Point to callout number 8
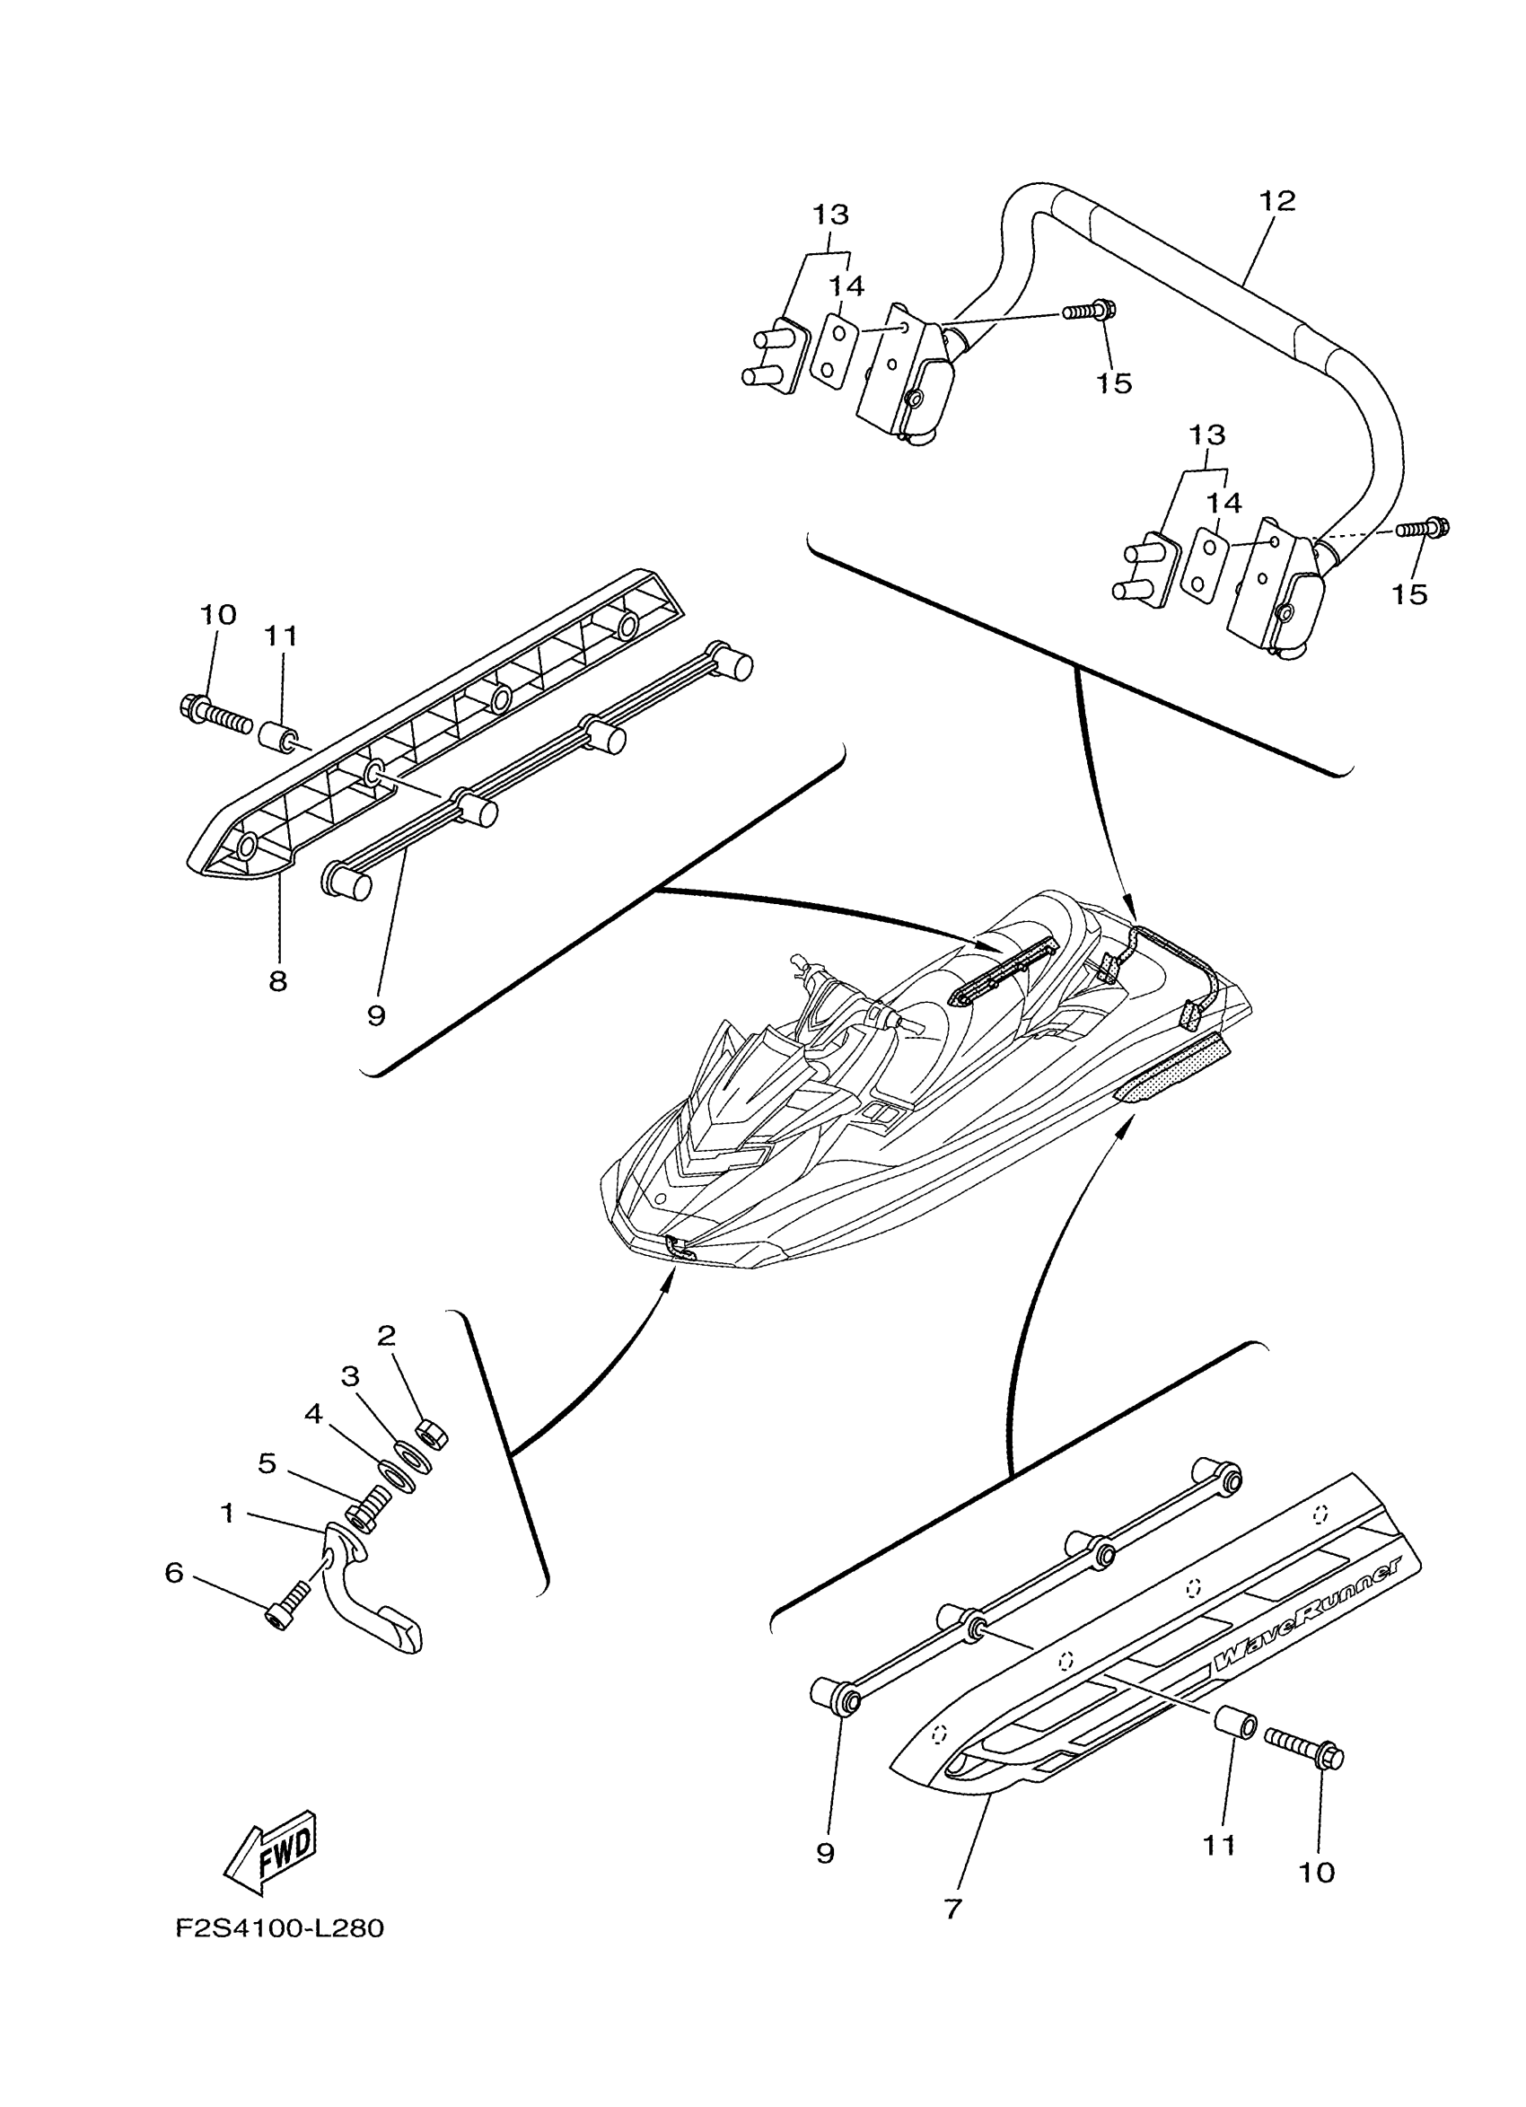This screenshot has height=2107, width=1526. click(x=277, y=980)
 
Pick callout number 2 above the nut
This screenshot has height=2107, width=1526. click(x=386, y=1336)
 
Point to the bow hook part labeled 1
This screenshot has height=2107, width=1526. click(x=372, y=1598)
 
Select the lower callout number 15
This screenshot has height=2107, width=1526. click(x=1410, y=593)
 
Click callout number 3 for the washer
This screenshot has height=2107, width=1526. click(x=350, y=1377)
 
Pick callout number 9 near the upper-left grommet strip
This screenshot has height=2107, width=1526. click(x=376, y=1015)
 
